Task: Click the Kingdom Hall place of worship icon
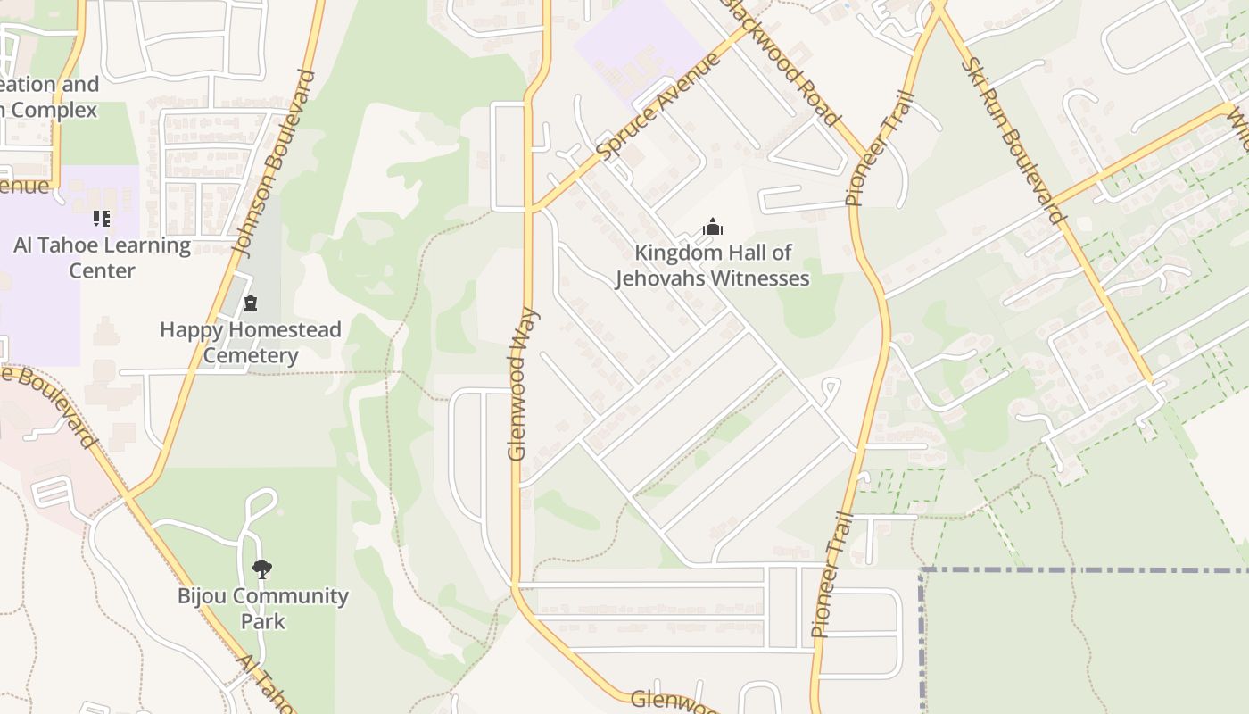(712, 228)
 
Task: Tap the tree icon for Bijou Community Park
(261, 569)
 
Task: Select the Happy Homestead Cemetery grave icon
(251, 304)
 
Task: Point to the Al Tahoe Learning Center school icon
(102, 219)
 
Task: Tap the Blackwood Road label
(782, 61)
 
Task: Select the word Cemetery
(251, 355)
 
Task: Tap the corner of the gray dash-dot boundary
(922, 569)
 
